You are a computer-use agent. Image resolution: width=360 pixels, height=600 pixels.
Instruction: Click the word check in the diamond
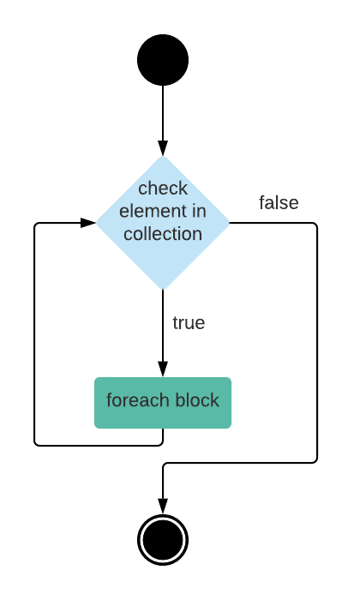[x=163, y=189]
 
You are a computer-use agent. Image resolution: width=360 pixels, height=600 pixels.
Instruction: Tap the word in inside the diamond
[x=198, y=211]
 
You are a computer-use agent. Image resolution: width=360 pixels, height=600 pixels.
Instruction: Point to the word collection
[x=163, y=234]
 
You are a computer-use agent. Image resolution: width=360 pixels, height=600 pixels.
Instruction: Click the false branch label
[x=279, y=203]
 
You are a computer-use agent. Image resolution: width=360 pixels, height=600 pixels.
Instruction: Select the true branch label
[x=189, y=323]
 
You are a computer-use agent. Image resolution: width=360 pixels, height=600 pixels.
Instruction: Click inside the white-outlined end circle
[x=163, y=540]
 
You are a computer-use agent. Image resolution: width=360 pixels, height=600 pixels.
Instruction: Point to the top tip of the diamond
[x=163, y=156]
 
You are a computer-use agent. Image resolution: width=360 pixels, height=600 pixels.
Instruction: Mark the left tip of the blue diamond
[x=96, y=223]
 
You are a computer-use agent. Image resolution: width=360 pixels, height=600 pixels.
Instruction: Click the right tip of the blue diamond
[x=230, y=223]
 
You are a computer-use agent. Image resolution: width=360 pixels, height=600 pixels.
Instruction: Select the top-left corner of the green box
[x=96, y=379]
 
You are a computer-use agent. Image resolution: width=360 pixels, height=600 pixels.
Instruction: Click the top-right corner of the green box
[x=231, y=379]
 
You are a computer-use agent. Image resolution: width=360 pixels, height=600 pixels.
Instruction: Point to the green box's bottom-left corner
[x=96, y=427]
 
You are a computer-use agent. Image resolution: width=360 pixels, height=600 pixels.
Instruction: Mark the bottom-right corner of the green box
[x=231, y=427]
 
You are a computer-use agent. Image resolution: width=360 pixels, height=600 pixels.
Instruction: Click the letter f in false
[x=261, y=203]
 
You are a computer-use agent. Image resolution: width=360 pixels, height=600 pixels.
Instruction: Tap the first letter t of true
[x=175, y=323]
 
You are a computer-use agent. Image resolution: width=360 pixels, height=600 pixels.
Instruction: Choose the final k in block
[x=215, y=400]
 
